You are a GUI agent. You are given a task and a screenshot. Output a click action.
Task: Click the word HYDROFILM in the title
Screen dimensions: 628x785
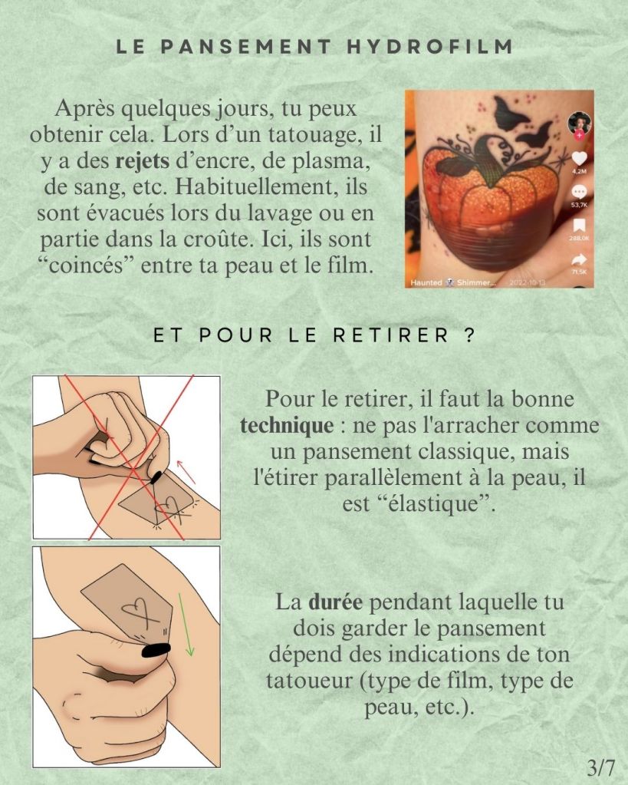click(430, 46)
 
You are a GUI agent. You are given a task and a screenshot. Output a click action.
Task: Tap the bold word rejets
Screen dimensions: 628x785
click(143, 160)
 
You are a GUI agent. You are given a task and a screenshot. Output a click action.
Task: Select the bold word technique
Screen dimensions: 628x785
click(287, 425)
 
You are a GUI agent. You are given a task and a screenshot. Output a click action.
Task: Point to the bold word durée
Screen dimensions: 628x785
click(335, 602)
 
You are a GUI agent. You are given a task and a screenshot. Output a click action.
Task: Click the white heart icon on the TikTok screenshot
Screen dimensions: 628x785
click(579, 159)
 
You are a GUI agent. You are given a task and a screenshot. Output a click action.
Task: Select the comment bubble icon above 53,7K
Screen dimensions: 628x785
click(579, 193)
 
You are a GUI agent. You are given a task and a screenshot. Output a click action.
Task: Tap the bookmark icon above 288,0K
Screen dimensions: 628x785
click(579, 226)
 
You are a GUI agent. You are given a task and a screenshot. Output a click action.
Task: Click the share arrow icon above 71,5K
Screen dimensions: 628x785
click(579, 259)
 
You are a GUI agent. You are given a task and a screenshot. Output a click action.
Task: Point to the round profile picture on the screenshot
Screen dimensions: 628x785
click(579, 123)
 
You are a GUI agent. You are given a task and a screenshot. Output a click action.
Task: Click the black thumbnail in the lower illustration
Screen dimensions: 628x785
click(156, 650)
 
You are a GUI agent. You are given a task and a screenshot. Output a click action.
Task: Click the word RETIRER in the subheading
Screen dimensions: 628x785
click(391, 335)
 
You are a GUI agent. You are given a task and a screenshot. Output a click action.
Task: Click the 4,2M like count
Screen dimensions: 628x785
click(579, 171)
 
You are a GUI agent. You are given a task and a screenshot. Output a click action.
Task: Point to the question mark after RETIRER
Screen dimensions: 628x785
click(469, 335)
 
